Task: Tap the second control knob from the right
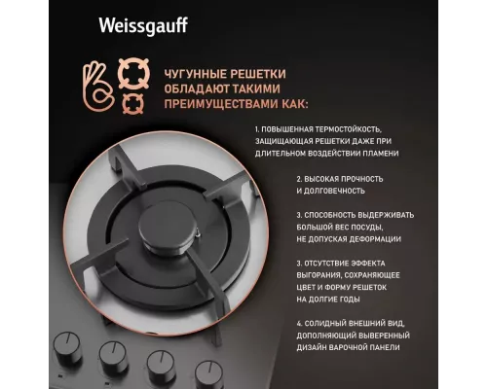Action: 160,365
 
